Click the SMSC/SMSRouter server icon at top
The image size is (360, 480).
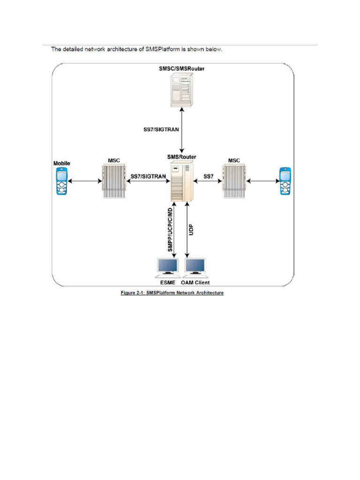[181, 89]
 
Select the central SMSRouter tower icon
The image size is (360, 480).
[181, 181]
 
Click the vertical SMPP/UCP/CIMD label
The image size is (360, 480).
[170, 230]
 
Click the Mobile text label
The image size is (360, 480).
[61, 163]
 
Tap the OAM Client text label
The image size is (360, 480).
[195, 282]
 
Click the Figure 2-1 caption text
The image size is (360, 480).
[172, 293]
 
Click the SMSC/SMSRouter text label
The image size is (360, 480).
[181, 68]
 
